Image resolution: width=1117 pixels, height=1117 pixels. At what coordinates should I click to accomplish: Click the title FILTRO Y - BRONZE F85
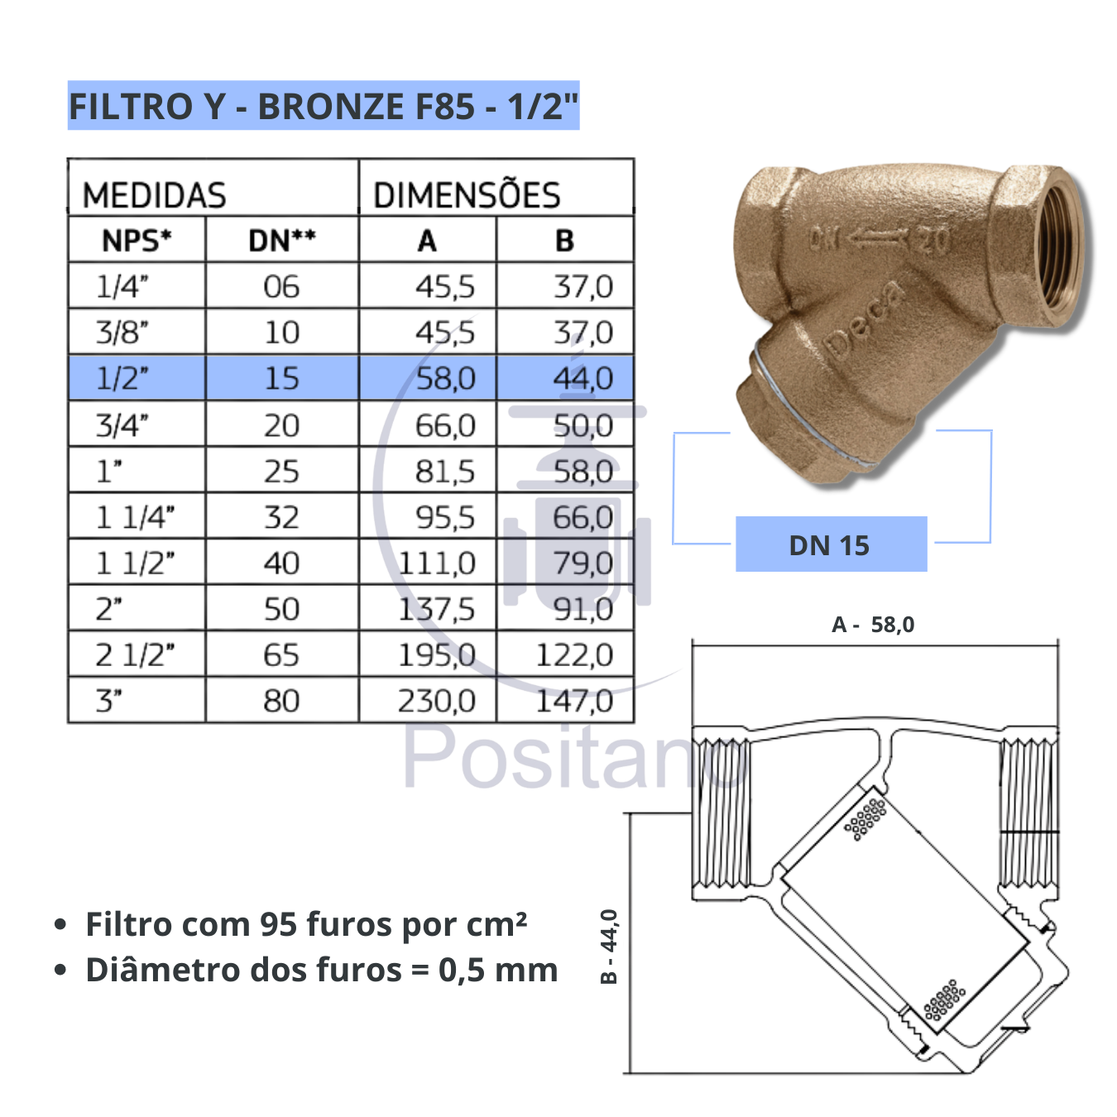(323, 106)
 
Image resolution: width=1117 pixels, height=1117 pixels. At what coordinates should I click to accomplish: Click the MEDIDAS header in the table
(155, 195)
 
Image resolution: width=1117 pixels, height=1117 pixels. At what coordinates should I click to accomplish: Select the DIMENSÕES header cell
(467, 195)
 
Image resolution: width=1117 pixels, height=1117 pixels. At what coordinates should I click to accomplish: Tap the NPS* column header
(137, 241)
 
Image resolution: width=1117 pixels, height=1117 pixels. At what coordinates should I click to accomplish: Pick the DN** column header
(281, 241)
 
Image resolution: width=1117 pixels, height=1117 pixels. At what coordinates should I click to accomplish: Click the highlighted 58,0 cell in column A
(445, 378)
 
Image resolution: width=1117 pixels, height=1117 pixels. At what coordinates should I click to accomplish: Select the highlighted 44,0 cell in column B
(582, 378)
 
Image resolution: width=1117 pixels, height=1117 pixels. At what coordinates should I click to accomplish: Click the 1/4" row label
(122, 286)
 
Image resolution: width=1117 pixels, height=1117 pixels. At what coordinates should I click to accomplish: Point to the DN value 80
(281, 701)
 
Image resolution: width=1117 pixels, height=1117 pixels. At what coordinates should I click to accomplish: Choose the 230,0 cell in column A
(436, 701)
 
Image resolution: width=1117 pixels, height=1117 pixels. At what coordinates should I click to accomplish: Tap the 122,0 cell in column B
(574, 655)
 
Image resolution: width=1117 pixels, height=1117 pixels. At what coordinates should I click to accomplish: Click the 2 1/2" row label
(135, 655)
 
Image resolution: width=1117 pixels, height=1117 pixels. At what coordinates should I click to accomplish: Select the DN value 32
(281, 517)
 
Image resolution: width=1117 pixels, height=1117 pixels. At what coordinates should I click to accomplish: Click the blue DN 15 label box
(831, 544)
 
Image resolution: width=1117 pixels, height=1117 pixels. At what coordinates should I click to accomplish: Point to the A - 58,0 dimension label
(873, 625)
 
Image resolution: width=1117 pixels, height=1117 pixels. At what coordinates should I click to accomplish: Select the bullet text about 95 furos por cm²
(306, 924)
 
